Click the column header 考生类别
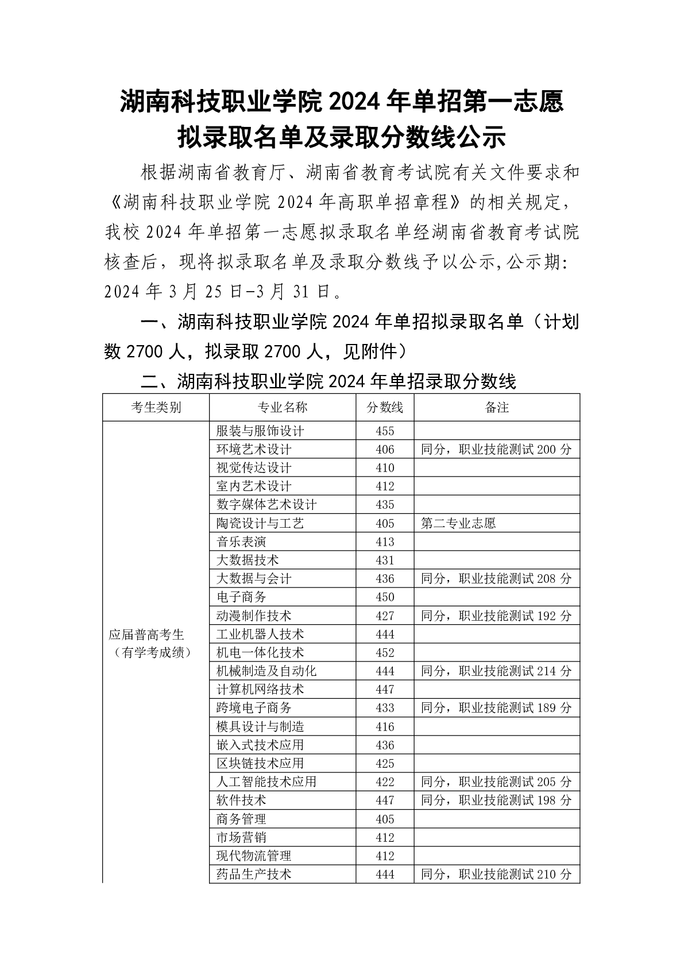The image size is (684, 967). coord(156,407)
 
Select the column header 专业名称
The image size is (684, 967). coord(282,407)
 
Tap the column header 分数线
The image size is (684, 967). coord(385,407)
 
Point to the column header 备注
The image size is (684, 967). coord(497,407)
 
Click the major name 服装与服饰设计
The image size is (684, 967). coord(260,431)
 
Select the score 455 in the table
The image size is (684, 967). coord(385,431)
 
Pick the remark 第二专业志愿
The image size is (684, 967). coord(458,523)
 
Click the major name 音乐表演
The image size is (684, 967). coord(241,541)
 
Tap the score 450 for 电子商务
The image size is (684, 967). coord(385,597)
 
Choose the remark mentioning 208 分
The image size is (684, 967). coord(496,579)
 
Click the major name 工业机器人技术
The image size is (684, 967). coord(260,634)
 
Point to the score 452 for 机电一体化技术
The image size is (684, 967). coord(385,652)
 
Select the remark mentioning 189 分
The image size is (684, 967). coord(496,708)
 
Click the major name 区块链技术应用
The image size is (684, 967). coord(260,763)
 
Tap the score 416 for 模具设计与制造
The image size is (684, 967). coord(385,726)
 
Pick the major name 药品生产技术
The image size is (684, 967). coord(254,874)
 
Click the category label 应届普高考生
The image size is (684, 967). coord(146,635)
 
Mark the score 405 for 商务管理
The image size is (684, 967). coord(385,819)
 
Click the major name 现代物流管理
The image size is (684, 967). coord(254,856)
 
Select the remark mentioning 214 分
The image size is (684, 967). coord(496,671)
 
